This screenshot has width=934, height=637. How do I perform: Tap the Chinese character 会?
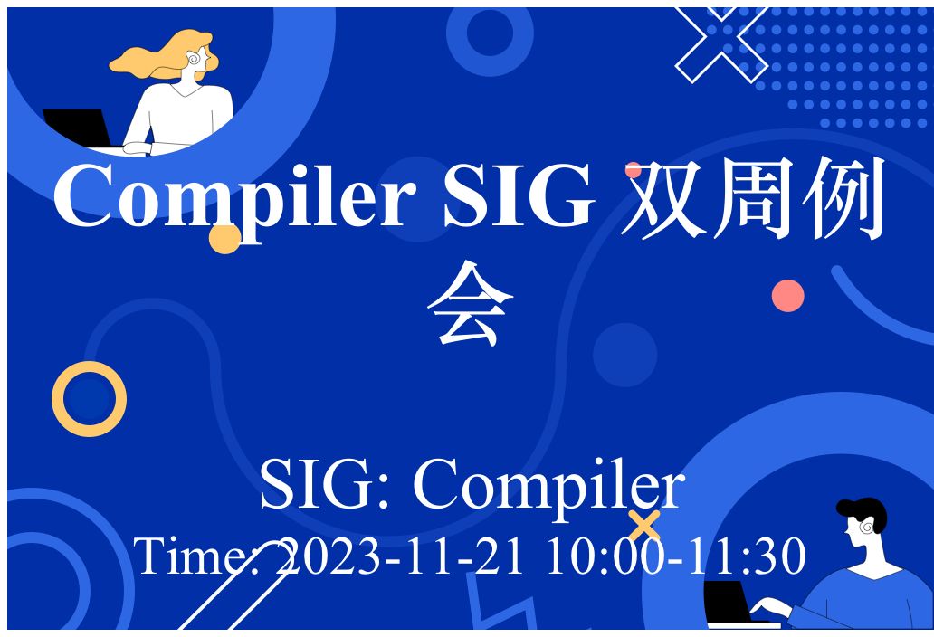[470, 303]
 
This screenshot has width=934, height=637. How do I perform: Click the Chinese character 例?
[843, 197]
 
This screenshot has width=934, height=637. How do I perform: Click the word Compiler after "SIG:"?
[548, 484]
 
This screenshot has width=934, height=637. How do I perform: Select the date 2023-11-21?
[400, 556]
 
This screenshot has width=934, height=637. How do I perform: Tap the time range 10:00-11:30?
[676, 556]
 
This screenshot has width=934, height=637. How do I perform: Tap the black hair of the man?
[864, 512]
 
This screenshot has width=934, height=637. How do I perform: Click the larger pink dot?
[787, 296]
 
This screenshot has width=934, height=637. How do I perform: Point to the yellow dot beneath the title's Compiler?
[225, 238]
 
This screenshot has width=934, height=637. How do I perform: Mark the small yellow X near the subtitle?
[643, 526]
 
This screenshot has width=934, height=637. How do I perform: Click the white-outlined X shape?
[721, 44]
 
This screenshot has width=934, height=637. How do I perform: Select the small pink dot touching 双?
[634, 170]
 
